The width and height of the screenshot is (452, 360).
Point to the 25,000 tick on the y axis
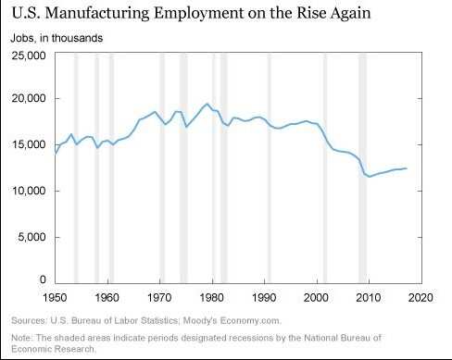pyautogui.click(x=29, y=56)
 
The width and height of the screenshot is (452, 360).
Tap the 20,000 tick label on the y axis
pyautogui.click(x=29, y=99)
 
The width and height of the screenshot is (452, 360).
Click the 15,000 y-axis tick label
pyautogui.click(x=29, y=145)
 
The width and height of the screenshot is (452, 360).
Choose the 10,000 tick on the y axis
pyautogui.click(x=29, y=191)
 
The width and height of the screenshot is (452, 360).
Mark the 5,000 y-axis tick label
pyautogui.click(x=31, y=236)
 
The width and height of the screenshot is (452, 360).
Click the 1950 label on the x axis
pyautogui.click(x=56, y=298)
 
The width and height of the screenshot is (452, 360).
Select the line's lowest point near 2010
pyautogui.click(x=370, y=177)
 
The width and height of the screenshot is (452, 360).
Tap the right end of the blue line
pyautogui.click(x=406, y=168)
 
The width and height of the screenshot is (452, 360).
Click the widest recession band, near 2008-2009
pyautogui.click(x=362, y=167)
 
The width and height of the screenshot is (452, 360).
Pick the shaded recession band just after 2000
pyautogui.click(x=325, y=167)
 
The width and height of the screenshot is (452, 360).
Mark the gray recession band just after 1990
pyautogui.click(x=270, y=167)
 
